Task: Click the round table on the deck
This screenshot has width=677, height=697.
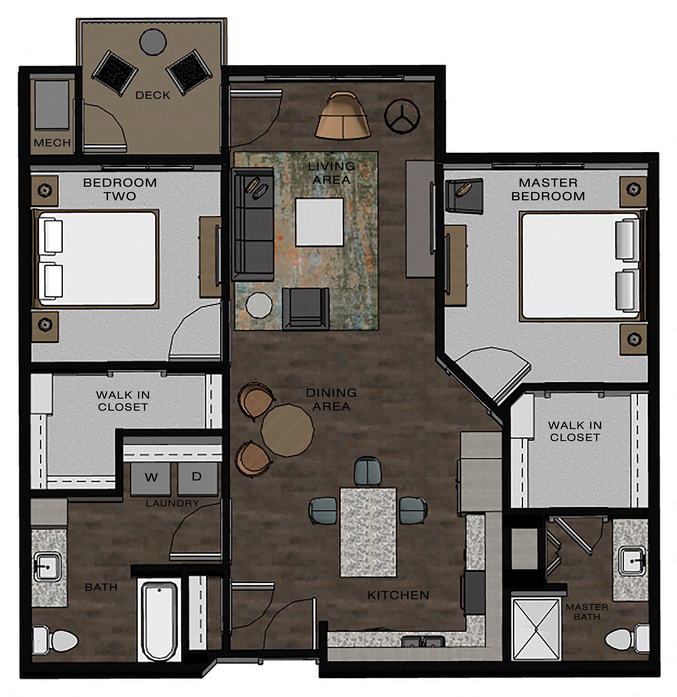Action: point(153,42)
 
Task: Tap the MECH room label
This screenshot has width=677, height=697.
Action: point(52,143)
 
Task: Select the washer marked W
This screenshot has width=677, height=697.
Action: point(151,478)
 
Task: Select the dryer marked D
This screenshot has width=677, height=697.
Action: point(197,477)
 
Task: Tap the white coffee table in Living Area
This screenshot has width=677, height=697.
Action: point(319,222)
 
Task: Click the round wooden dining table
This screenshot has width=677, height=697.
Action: point(287,430)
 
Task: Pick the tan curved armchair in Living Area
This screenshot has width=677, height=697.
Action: point(343,117)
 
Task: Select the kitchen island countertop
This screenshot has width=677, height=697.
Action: point(368,532)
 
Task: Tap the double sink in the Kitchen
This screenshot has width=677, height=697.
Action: point(423,641)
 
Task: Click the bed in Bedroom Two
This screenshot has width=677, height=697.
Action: point(96,259)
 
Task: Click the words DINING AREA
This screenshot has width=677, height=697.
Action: point(331,399)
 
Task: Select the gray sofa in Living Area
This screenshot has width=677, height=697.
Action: point(253,224)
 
